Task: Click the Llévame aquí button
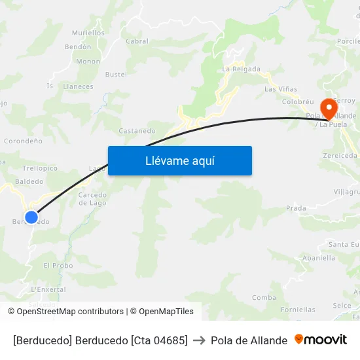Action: [x=179, y=160]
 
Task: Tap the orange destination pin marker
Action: [x=328, y=107]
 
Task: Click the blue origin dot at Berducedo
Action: [x=31, y=217]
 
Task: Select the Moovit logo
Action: [x=321, y=340]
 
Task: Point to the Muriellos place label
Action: [x=88, y=33]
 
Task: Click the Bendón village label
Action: [x=78, y=47]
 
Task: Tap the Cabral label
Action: [x=137, y=41]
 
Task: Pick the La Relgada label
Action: [x=241, y=69]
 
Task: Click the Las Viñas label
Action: [x=280, y=89]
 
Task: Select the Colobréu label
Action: [x=298, y=102]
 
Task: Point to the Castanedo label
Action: [x=137, y=131]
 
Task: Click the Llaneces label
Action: [x=79, y=86]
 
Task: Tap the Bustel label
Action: [x=116, y=75]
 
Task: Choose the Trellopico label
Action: [x=40, y=168]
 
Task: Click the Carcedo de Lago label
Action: [x=93, y=199]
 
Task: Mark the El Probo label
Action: [x=58, y=266]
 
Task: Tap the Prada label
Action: [x=296, y=208]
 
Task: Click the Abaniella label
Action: [x=319, y=258]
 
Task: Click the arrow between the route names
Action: [x=199, y=340]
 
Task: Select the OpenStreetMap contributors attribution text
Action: [x=70, y=312]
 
